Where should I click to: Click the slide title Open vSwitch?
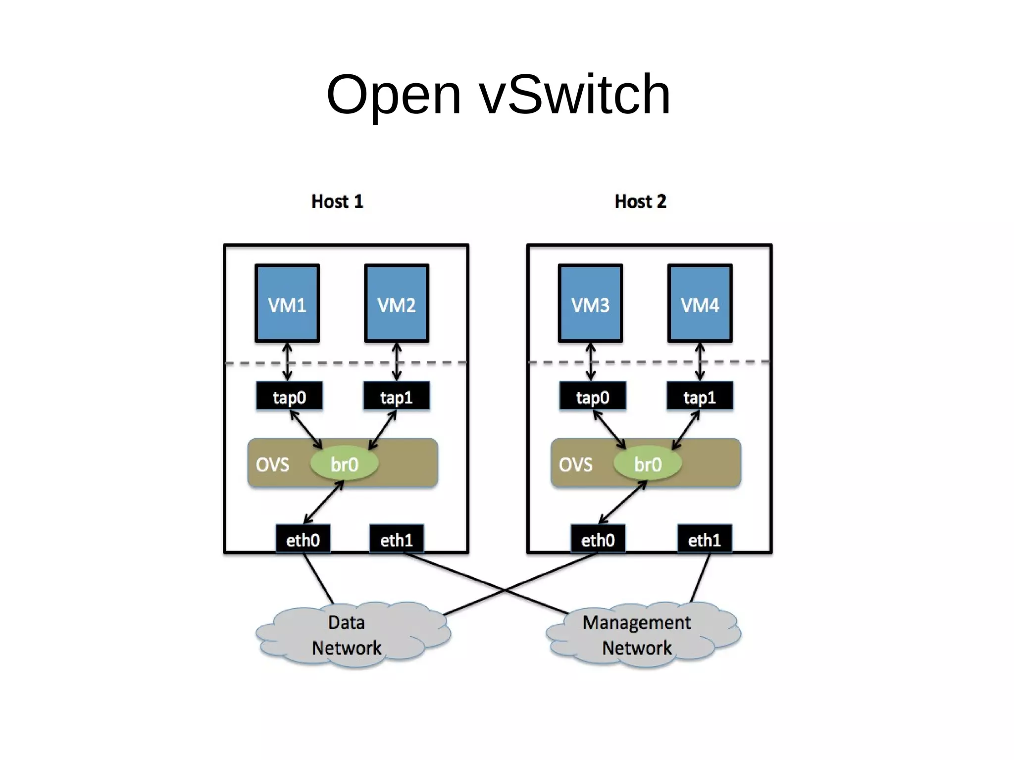(x=498, y=94)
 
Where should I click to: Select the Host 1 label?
(x=337, y=202)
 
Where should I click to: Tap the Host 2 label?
(x=640, y=202)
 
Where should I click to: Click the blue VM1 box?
(x=287, y=304)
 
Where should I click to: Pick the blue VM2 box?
(x=397, y=304)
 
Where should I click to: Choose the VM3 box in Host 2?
(x=590, y=304)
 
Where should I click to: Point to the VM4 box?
(x=700, y=304)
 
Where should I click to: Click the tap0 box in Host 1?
(x=290, y=396)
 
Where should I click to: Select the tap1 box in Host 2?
(x=700, y=396)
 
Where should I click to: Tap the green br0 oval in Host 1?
(x=344, y=464)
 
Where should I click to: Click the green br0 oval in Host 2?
(x=648, y=464)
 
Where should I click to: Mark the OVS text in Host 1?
(x=272, y=464)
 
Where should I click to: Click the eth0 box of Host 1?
(x=303, y=539)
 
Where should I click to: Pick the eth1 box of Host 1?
(x=397, y=539)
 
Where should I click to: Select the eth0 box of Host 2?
(x=598, y=539)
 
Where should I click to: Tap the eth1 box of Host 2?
(x=705, y=539)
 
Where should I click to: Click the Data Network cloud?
(x=347, y=635)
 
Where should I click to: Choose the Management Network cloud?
(x=637, y=635)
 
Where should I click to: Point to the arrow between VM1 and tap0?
(x=288, y=362)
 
